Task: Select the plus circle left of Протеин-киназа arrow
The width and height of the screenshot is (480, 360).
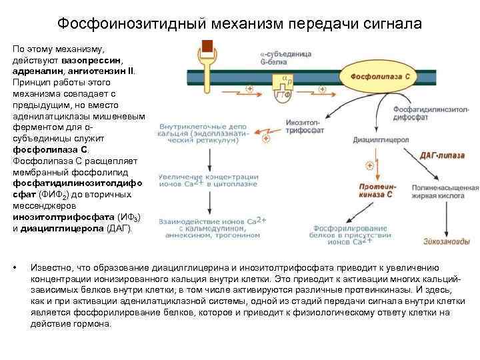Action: point(369,165)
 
